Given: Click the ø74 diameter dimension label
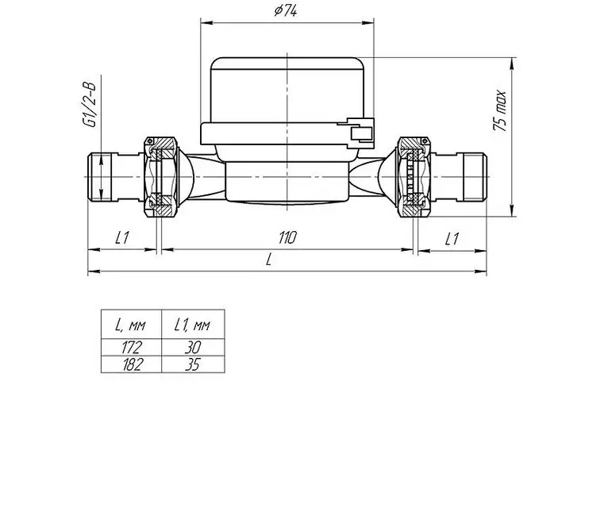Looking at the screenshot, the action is (x=286, y=10).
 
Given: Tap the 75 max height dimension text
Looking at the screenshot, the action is (x=500, y=110).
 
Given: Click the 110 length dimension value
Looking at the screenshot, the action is (x=287, y=237).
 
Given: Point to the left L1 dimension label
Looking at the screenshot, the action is (x=122, y=237).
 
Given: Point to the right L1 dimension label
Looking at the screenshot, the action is (x=452, y=239).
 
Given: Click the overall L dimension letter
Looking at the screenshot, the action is (x=269, y=260).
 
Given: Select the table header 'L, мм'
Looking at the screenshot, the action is (x=130, y=325).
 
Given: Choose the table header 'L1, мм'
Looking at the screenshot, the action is (x=192, y=325).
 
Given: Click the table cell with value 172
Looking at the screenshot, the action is (x=132, y=347).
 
